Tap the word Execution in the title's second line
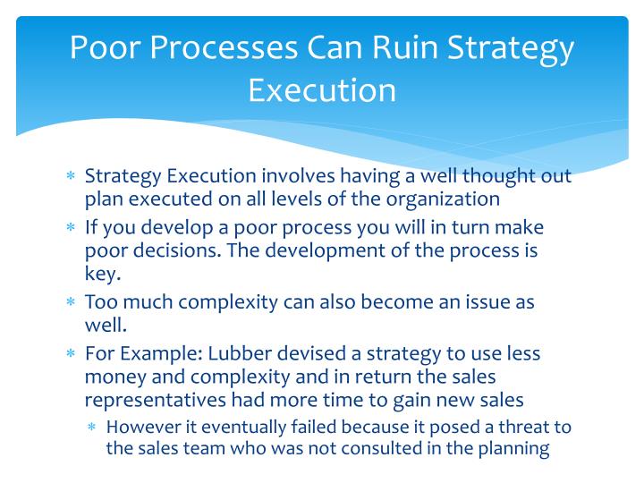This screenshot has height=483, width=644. tap(322, 90)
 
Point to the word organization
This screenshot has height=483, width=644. tap(442, 199)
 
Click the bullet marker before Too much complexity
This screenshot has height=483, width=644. tap(71, 302)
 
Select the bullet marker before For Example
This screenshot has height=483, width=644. tap(71, 354)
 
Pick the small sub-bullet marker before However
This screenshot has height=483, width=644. tap(92, 428)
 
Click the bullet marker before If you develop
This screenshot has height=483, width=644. tap(71, 228)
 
